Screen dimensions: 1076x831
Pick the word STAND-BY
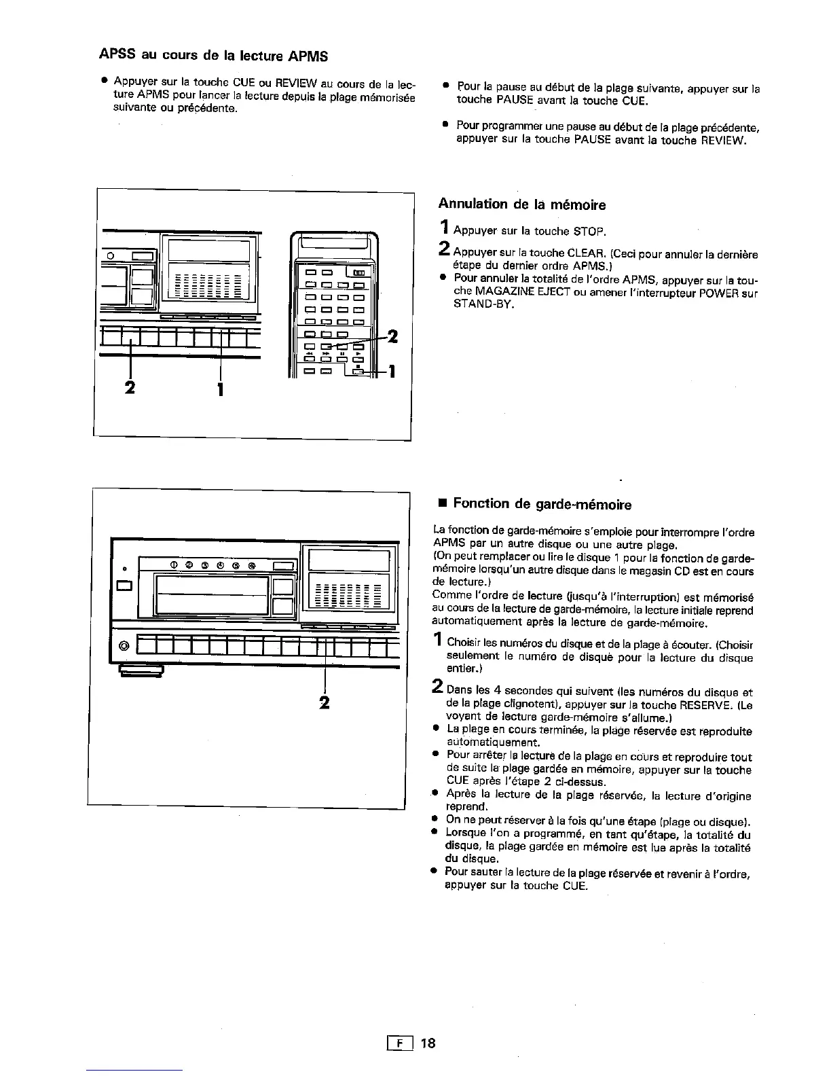[483, 305]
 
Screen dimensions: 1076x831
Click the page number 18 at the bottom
[427, 1043]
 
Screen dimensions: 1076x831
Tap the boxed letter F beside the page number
[396, 1043]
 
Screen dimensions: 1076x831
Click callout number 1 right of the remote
[392, 372]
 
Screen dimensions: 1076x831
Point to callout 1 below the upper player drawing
[220, 390]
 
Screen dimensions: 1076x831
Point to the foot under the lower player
[141, 672]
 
